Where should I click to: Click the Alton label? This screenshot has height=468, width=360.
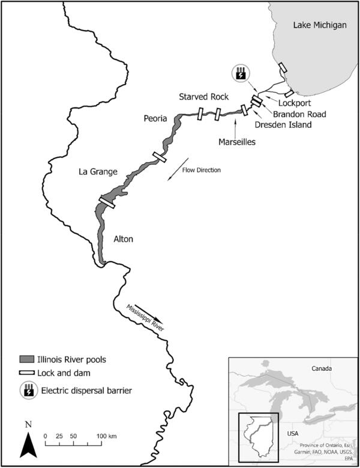pos(124,239)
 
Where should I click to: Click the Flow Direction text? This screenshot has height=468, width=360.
pos(202,170)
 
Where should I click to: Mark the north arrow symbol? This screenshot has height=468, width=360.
pos(29,445)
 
